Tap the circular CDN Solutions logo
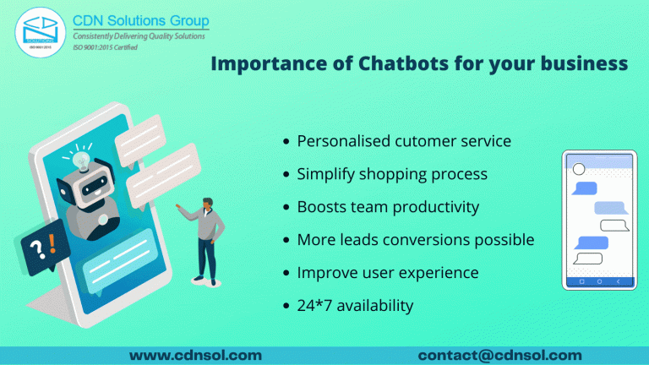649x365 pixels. (x=37, y=34)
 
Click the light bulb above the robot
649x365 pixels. (x=82, y=158)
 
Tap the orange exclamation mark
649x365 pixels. (x=52, y=245)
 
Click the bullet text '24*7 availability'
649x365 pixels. (x=355, y=305)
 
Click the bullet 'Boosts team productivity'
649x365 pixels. (x=388, y=207)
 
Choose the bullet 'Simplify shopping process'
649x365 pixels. (x=392, y=174)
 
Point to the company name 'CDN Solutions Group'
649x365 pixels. (x=141, y=20)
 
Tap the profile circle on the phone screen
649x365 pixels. (x=579, y=170)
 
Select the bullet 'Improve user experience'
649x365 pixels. (x=388, y=273)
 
